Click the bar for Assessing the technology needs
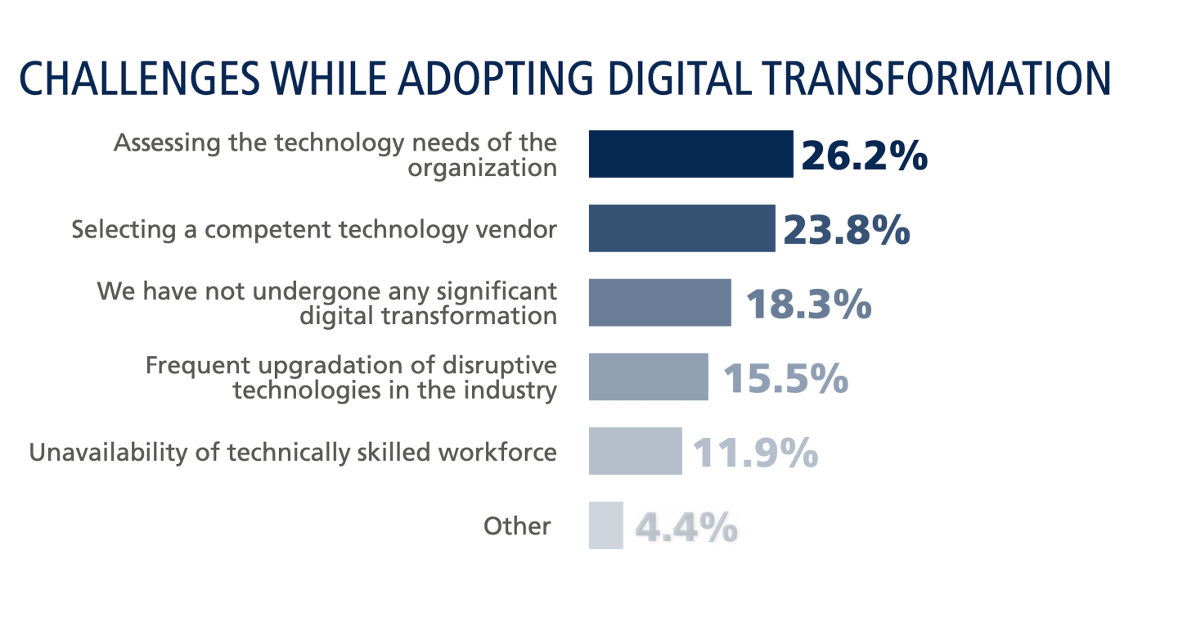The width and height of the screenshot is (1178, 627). coord(690,154)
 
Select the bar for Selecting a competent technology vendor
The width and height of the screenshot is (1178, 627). coord(681,228)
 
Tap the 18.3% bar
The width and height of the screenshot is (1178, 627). coord(659,303)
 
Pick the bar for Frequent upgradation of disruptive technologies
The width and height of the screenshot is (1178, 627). coord(648,377)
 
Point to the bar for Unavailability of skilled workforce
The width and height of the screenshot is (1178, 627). coord(635,451)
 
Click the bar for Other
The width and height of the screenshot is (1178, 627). coord(605,526)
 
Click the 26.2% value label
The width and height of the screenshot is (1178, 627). coord(864,156)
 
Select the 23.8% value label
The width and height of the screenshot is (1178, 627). coord(846,230)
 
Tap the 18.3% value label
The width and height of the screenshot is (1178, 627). coord(807,304)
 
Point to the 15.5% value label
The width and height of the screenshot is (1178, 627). coord(785,378)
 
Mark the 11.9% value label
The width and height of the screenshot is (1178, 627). coord(755,453)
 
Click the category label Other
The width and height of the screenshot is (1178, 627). coord(517,526)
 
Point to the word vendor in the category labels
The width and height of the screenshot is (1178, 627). coord(517,229)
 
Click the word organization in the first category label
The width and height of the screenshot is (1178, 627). coord(483,168)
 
